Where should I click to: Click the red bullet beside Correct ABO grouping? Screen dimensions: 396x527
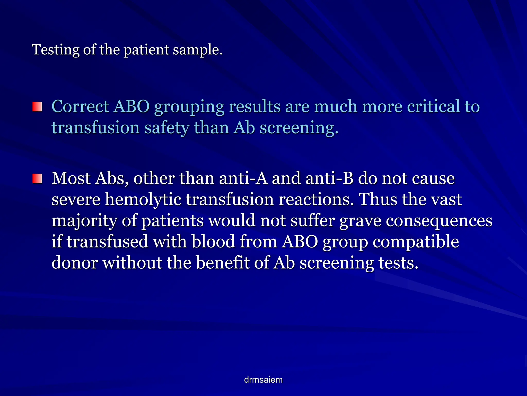tap(37, 107)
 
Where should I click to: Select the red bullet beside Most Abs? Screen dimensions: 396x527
tap(37, 178)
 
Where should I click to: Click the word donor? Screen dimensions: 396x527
tap(75, 263)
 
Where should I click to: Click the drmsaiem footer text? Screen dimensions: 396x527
tap(263, 380)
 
